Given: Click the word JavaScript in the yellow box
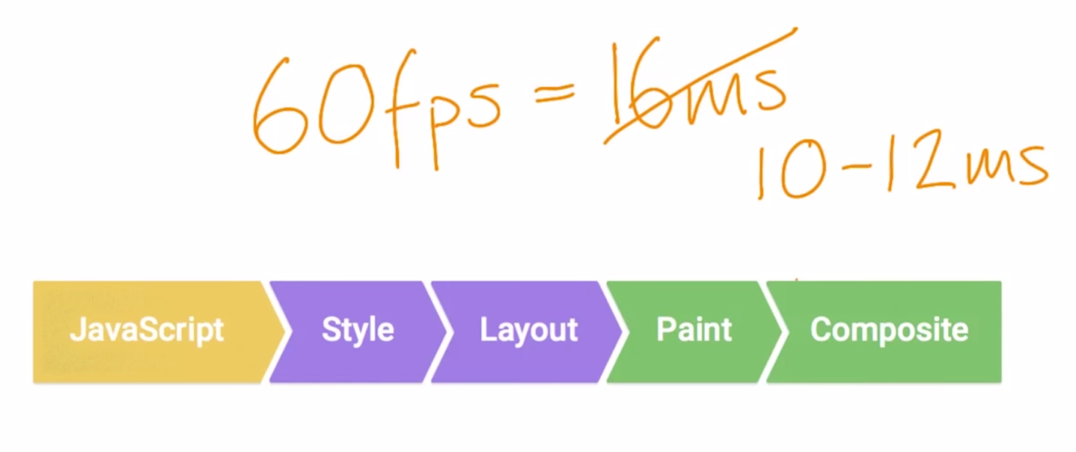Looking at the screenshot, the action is [147, 330].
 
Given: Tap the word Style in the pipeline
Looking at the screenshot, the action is [358, 330].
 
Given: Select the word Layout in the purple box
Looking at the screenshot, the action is [528, 330].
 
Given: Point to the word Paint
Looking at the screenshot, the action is [694, 330].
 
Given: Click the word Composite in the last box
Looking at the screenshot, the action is [889, 330].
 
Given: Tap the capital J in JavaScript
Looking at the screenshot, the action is [76, 330].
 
